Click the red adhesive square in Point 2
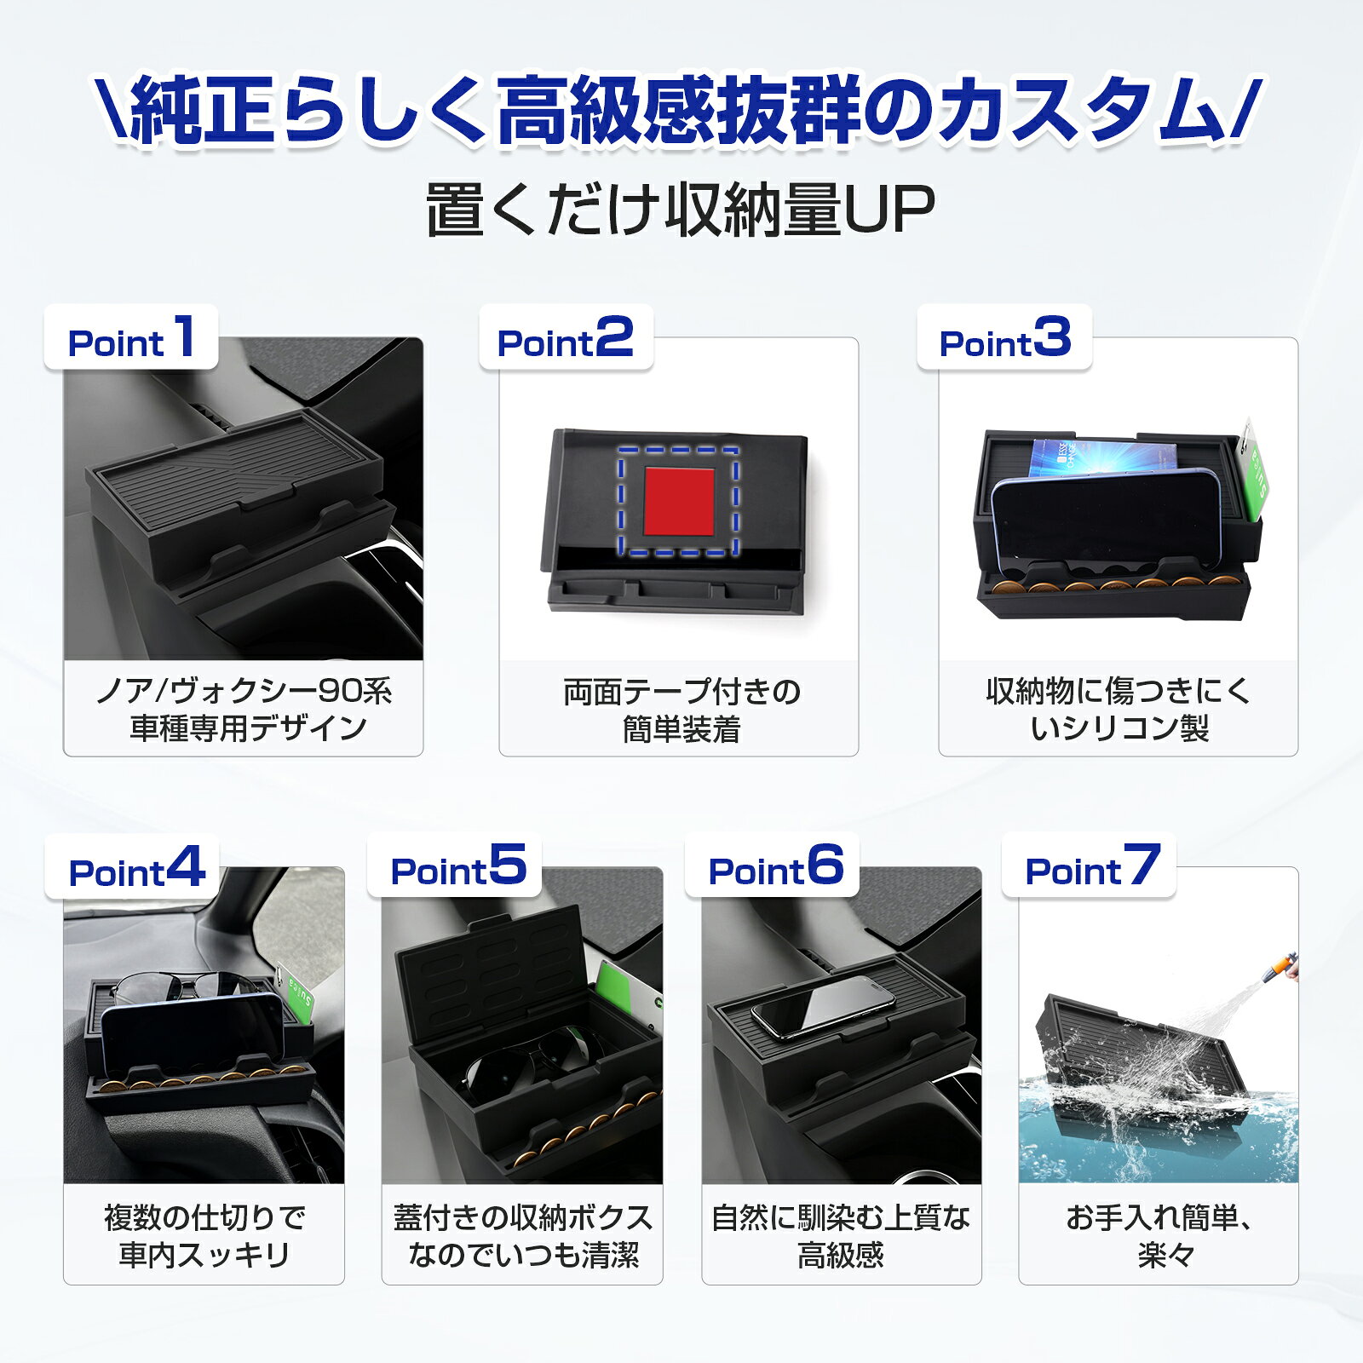click(x=679, y=501)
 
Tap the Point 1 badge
click(x=131, y=337)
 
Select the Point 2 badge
click(x=566, y=337)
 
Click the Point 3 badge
click(x=1004, y=337)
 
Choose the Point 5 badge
click(x=455, y=866)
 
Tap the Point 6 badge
click(x=773, y=866)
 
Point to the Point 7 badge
click(x=1090, y=866)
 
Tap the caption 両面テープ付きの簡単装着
click(x=681, y=710)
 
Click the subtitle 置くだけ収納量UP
click(x=681, y=210)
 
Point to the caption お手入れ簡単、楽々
click(x=1159, y=1236)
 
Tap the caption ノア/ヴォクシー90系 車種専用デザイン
click(x=244, y=709)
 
